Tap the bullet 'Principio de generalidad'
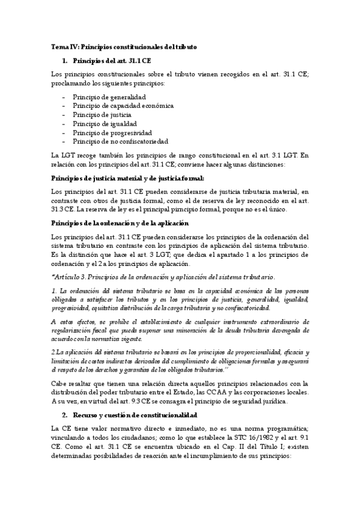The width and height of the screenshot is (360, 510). click(109, 96)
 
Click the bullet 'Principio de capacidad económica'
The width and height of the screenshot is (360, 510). click(123, 105)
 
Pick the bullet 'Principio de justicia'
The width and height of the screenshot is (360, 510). click(102, 114)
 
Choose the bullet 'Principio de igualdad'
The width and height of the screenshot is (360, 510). click(104, 123)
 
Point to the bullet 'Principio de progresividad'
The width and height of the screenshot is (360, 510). click(112, 132)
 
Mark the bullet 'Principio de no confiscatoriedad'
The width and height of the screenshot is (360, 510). click(120, 141)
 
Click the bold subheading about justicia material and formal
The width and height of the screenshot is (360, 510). click(127, 177)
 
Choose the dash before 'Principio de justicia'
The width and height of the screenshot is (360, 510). click(64, 114)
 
